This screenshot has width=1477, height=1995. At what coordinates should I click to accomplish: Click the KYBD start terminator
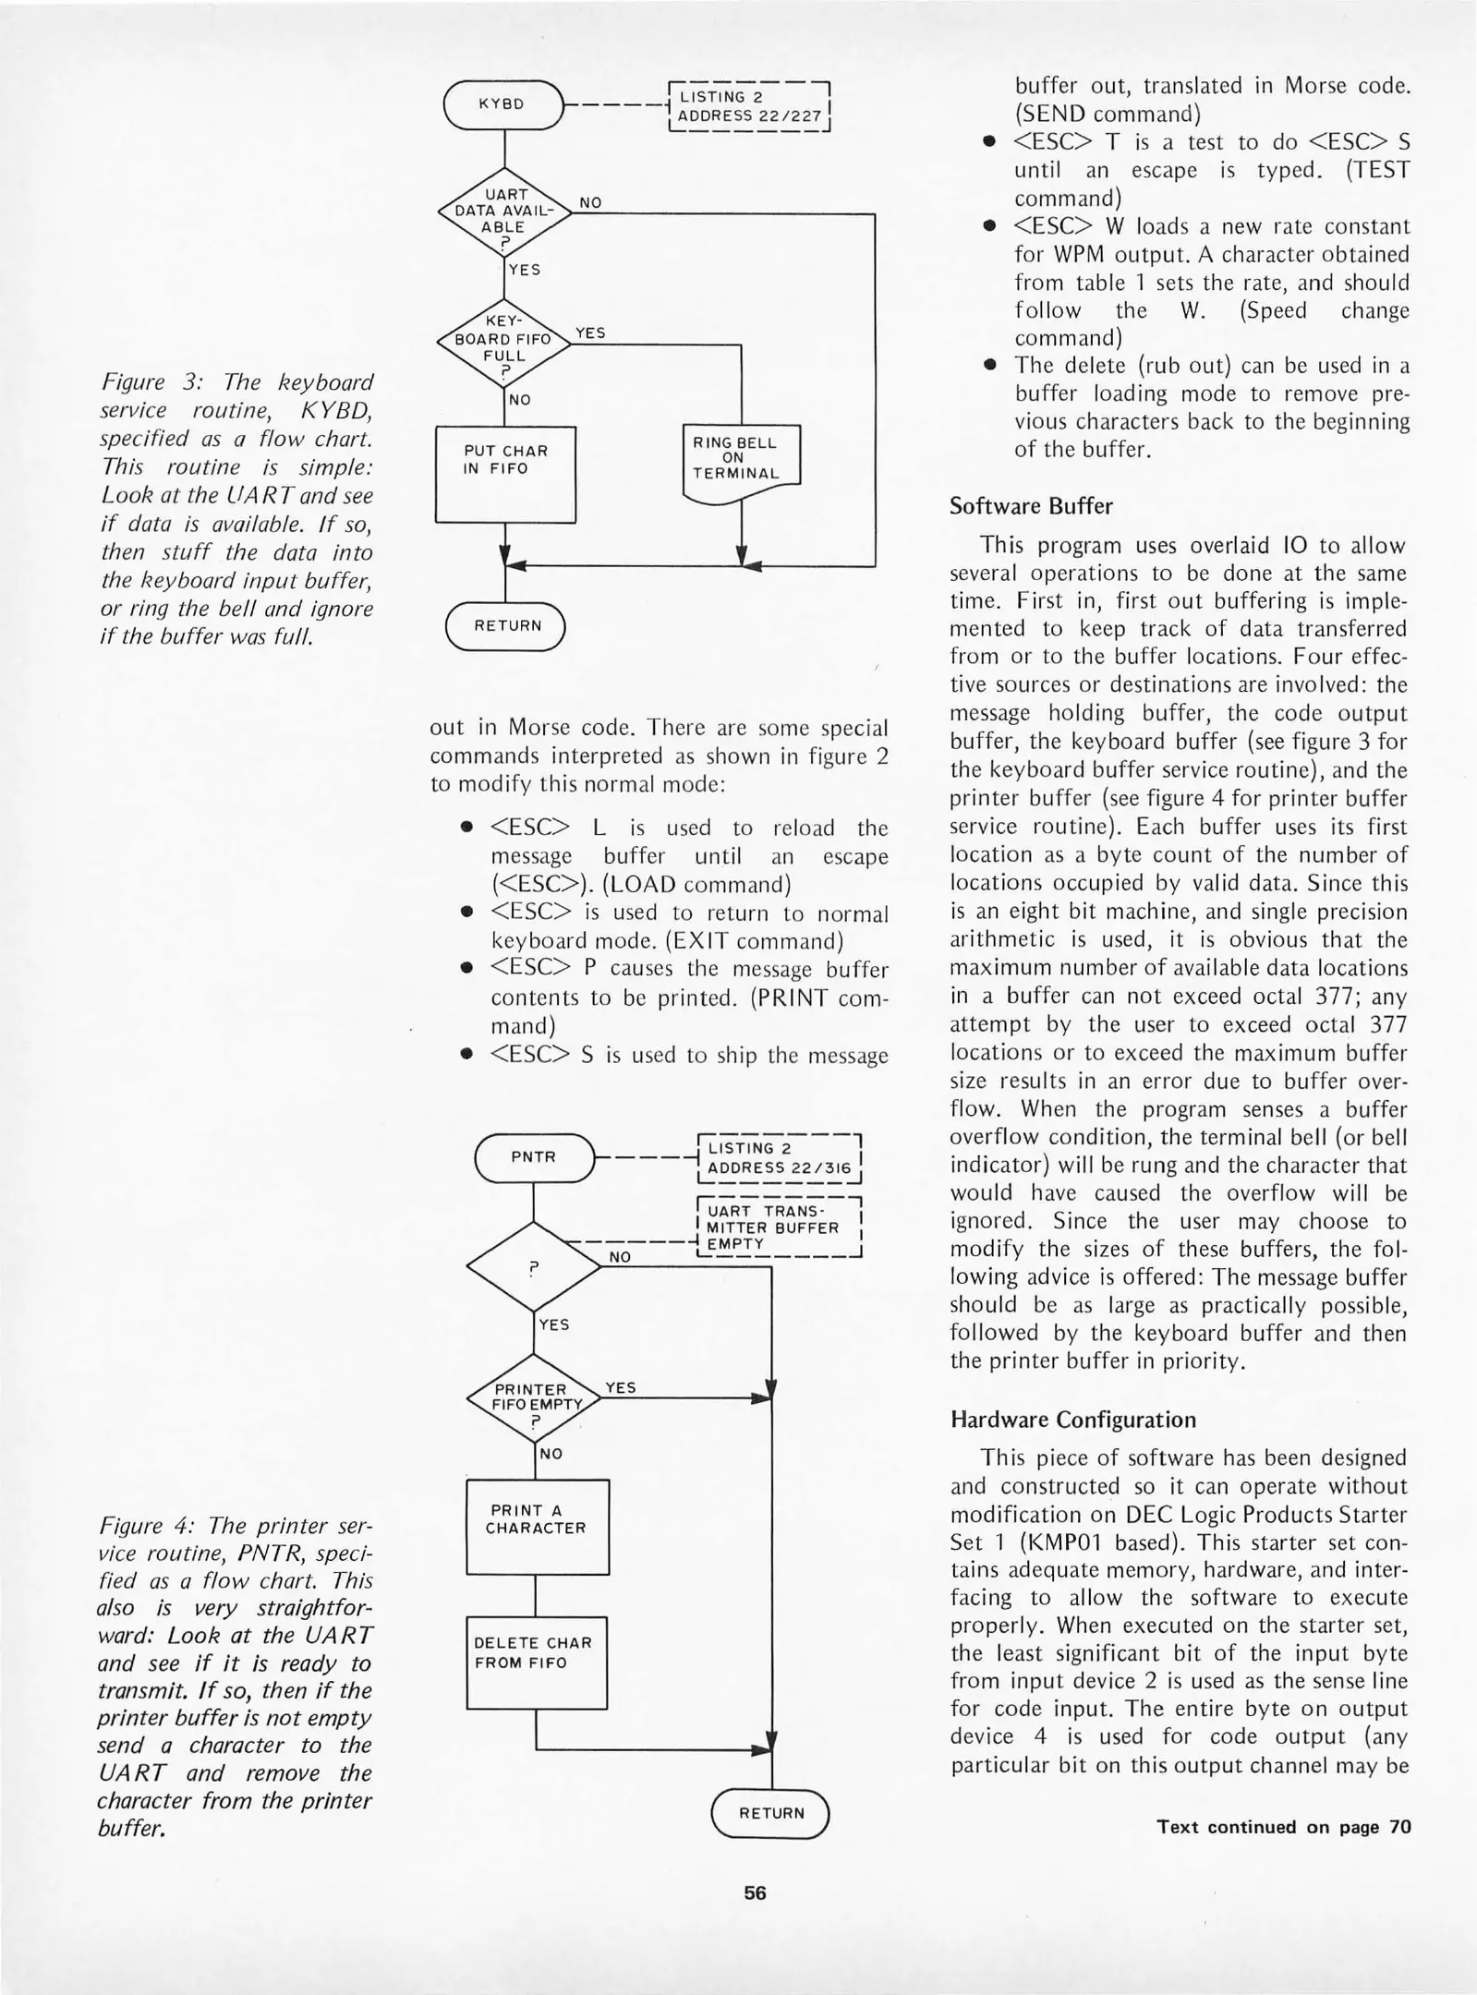(503, 104)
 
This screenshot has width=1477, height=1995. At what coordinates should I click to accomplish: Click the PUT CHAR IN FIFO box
(505, 473)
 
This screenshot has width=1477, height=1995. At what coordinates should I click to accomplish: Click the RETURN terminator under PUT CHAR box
(505, 625)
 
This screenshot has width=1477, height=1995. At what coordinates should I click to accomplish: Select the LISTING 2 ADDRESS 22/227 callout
(749, 107)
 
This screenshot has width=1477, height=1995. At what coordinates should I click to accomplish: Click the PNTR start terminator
(534, 1156)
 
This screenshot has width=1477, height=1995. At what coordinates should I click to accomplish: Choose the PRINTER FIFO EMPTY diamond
(534, 1397)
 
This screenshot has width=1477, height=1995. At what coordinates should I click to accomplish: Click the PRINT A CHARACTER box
(538, 1527)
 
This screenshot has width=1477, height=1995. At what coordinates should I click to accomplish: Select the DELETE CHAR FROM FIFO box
(536, 1662)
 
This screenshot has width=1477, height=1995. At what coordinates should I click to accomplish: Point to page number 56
(755, 1892)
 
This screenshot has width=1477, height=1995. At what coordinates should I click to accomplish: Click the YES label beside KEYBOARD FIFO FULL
(589, 332)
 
